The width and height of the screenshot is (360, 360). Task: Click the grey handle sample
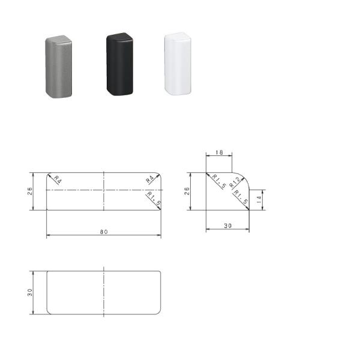[x=58, y=67]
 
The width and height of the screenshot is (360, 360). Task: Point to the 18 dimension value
[x=219, y=153]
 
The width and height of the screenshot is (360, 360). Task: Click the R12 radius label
[x=236, y=182]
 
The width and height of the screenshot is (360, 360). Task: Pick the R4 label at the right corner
[x=150, y=179]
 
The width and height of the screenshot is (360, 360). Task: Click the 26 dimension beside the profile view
[x=187, y=191]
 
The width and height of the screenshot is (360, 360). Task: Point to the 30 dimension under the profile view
[x=227, y=226]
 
